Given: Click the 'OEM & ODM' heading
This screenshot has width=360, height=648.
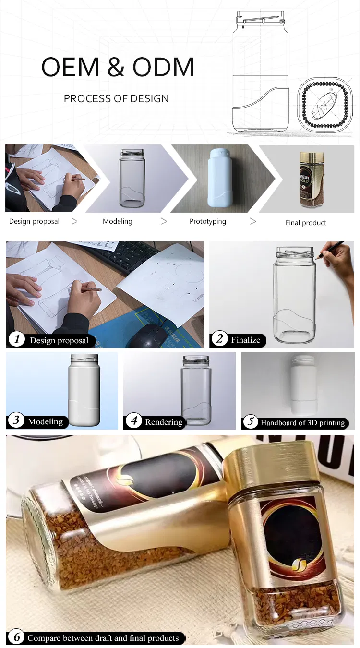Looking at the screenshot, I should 118,67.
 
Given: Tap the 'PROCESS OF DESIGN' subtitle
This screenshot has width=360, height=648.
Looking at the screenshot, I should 116,99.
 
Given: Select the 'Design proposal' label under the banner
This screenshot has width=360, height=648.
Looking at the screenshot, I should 34,221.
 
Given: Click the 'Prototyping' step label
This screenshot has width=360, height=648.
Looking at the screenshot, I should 207,221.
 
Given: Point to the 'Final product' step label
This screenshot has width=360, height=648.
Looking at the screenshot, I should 306,223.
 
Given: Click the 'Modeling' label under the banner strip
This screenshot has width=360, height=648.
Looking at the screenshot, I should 117,221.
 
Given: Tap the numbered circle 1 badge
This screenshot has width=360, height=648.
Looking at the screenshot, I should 17,340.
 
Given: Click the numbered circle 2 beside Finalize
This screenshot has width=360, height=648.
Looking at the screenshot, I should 219,339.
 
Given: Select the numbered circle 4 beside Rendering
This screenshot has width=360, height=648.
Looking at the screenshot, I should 134,421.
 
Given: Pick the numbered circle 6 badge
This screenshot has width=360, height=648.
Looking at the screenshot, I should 17,637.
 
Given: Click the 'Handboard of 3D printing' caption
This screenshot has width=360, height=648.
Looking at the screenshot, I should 302,423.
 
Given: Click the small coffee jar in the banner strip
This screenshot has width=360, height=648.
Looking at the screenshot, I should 311,180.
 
